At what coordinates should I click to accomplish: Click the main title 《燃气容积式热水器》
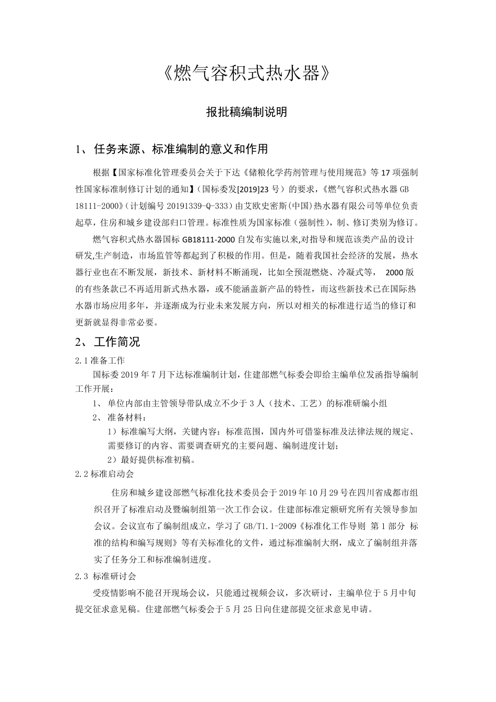(x=247, y=74)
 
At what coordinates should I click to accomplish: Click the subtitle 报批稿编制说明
(x=247, y=112)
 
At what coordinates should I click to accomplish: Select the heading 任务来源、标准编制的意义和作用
(x=180, y=149)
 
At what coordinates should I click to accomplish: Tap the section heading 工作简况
(x=117, y=342)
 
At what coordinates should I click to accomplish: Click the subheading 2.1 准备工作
(x=100, y=360)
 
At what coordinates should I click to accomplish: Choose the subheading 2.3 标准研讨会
(x=105, y=576)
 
